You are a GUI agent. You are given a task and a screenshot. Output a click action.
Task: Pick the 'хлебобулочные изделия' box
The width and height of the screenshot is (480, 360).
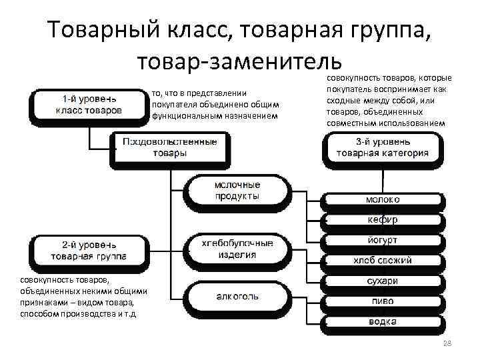click(x=237, y=249)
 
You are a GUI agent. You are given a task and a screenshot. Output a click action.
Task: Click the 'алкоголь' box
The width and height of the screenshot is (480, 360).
click(x=237, y=296)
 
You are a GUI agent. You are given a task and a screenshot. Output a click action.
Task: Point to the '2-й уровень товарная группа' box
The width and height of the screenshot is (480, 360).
click(x=87, y=250)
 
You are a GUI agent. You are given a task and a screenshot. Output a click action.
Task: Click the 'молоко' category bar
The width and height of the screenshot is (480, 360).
click(x=383, y=199)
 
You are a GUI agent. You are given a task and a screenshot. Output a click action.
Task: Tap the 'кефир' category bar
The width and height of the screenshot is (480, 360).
click(x=383, y=219)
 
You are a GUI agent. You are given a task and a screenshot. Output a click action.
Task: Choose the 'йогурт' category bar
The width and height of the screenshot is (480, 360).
click(x=383, y=239)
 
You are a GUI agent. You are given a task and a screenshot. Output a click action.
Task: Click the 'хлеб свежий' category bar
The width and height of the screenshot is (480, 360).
click(x=383, y=260)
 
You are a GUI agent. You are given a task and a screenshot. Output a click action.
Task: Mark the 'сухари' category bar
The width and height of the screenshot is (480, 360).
click(x=383, y=281)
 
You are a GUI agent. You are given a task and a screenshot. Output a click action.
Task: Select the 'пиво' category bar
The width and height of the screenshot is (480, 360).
click(x=383, y=301)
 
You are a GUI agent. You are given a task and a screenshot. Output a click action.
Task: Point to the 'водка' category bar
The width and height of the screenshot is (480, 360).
click(x=383, y=322)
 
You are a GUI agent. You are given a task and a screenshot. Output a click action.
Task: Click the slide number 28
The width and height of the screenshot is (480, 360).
click(x=447, y=343)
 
